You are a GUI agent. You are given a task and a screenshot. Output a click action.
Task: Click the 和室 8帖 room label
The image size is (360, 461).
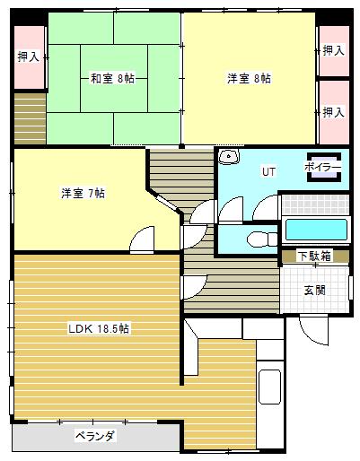click(112, 78)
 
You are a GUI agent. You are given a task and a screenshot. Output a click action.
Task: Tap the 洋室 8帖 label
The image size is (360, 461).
click(249, 78)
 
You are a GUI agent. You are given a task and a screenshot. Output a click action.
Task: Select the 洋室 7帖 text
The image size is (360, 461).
click(83, 193)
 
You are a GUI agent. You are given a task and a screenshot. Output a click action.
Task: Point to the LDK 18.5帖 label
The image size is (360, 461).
click(99, 328)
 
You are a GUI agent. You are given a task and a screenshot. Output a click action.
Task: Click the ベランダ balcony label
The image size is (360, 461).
click(94, 436)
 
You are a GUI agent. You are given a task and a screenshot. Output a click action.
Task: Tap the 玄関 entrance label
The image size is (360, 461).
click(314, 290)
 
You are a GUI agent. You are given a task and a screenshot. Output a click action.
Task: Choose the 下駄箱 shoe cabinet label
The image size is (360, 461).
click(313, 257)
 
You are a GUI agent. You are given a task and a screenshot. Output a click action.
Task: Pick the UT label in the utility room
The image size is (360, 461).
click(268, 170)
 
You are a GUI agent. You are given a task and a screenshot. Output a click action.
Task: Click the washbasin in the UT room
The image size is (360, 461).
click(230, 158)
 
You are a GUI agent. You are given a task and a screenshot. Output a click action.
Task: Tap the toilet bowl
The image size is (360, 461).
click(260, 239)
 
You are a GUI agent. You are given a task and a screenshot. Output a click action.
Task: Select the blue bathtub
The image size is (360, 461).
click(314, 230)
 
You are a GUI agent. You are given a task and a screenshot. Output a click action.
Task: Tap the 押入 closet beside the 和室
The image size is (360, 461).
click(29, 57)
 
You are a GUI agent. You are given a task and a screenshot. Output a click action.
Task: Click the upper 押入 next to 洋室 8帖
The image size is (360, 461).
click(333, 51)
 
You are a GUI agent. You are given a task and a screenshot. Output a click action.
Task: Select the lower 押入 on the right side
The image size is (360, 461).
click(333, 112)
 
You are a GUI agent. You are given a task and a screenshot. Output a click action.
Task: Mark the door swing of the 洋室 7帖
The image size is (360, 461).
click(142, 240)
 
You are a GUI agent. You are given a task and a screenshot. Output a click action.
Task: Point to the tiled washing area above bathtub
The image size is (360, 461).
click(313, 204)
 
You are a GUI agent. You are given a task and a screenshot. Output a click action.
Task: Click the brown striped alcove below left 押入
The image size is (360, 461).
click(29, 117)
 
